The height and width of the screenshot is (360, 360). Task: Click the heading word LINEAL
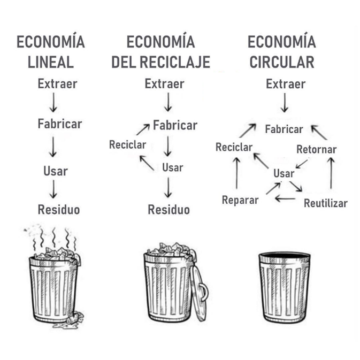pyautogui.click(x=51, y=62)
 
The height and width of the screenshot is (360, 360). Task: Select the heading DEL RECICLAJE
pyautogui.click(x=160, y=62)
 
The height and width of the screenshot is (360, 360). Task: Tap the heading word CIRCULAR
pyautogui.click(x=282, y=62)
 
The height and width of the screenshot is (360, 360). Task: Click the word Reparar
pyautogui.click(x=240, y=200)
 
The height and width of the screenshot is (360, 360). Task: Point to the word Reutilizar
pyautogui.click(x=326, y=203)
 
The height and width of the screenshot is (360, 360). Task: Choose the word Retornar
pyautogui.click(x=317, y=149)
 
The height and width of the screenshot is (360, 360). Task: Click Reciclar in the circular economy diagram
pyautogui.click(x=234, y=147)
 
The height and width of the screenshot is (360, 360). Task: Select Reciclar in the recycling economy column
pyautogui.click(x=128, y=144)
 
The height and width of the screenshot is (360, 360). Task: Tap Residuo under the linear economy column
pyautogui.click(x=59, y=210)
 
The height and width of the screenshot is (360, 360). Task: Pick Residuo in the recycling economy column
pyautogui.click(x=168, y=210)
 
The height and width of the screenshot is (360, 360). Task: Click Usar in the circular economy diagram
pyautogui.click(x=284, y=173)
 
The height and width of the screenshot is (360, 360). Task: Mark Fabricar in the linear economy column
pyautogui.click(x=60, y=124)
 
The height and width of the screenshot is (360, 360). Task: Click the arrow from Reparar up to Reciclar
pyautogui.click(x=237, y=173)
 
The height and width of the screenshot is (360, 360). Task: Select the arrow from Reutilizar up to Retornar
pyautogui.click(x=331, y=173)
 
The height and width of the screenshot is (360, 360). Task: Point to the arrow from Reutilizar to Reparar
pyautogui.click(x=286, y=198)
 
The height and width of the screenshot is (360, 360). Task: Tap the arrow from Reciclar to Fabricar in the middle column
pyautogui.click(x=143, y=129)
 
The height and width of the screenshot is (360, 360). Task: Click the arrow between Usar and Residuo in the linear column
pyautogui.click(x=53, y=189)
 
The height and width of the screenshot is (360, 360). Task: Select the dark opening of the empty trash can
pyautogui.click(x=285, y=256)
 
